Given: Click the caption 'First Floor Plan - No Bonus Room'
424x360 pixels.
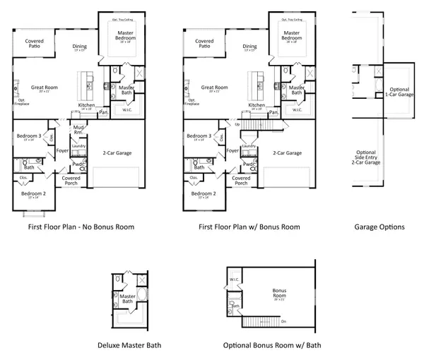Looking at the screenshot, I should point(71,227).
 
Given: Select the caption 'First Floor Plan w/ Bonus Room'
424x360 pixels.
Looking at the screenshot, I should point(249,227).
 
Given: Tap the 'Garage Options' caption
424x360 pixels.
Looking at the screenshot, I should point(379,227).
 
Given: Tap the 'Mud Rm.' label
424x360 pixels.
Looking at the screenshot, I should point(79,128).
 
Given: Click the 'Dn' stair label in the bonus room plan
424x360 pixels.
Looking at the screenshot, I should point(283,322).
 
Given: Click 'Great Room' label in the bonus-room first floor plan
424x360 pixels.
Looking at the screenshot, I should point(213,88).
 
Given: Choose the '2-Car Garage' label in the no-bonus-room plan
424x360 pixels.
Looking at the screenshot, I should point(117,153).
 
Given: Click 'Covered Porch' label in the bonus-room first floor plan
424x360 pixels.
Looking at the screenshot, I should point(241,180).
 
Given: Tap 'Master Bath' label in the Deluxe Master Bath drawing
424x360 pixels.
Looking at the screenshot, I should point(127,300).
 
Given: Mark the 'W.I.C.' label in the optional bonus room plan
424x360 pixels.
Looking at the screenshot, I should point(234,280).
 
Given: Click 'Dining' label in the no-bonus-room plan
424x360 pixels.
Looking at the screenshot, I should point(80,47).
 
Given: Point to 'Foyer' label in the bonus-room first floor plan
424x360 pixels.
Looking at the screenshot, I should point(232,150).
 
